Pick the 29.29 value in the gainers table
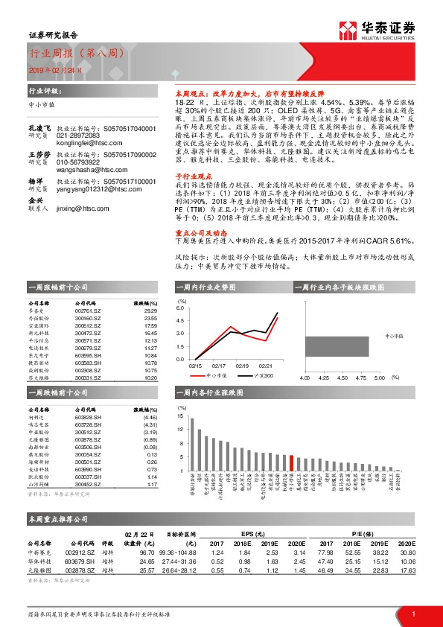pos(150,311)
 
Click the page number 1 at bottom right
pos(412,614)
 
